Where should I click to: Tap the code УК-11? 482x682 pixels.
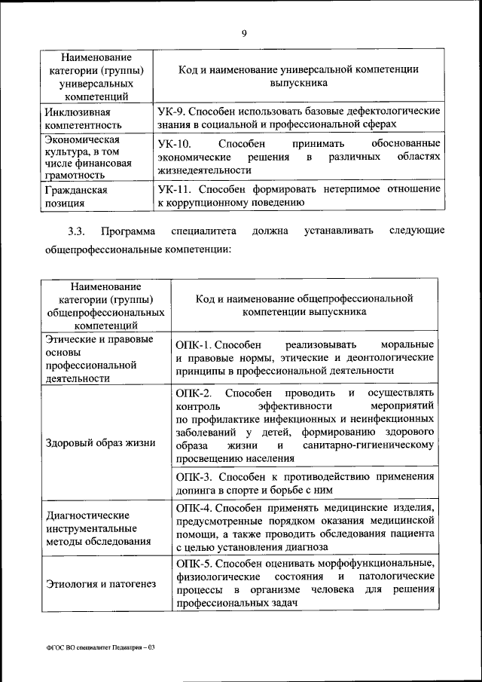tap(173, 190)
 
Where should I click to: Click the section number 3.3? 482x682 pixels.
tap(78, 229)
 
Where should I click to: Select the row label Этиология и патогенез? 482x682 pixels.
tap(100, 583)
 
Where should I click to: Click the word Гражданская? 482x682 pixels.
tap(76, 190)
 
